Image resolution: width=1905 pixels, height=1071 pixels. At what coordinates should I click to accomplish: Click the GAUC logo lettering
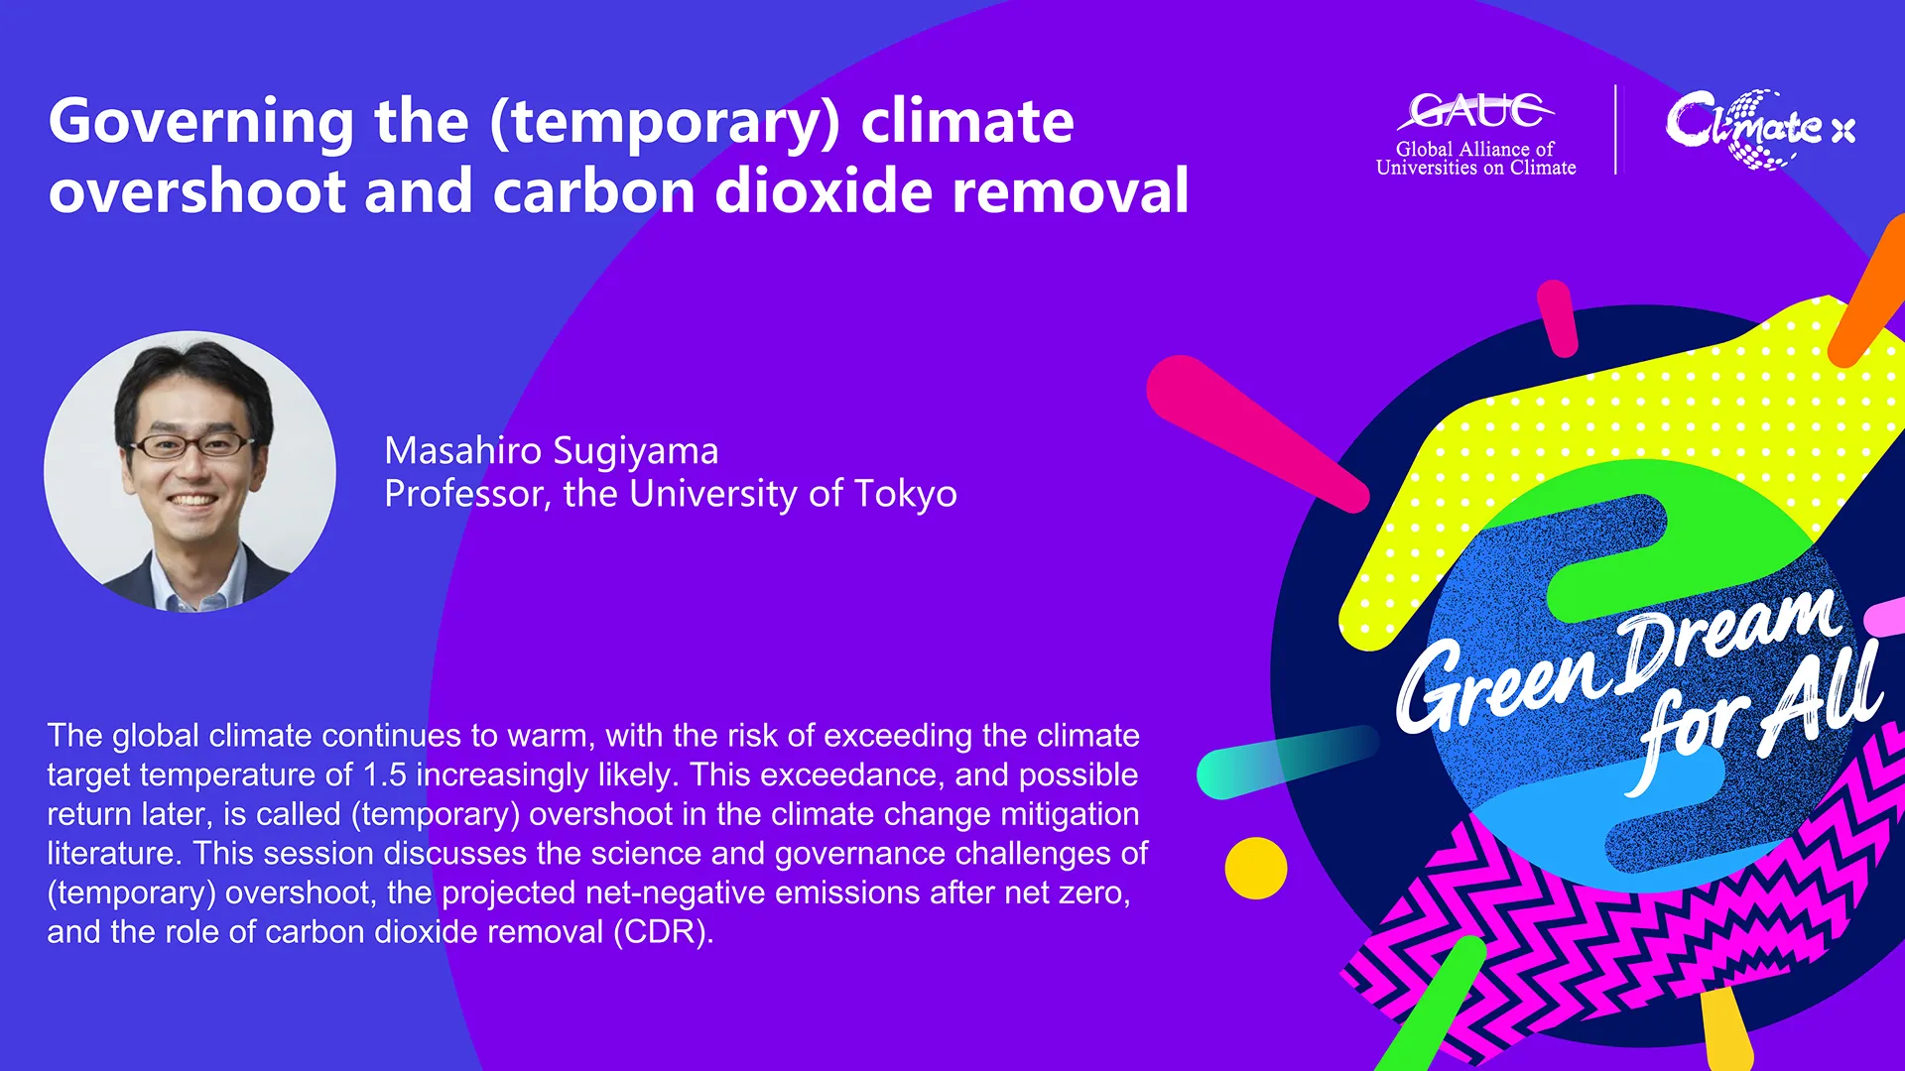click(x=1475, y=110)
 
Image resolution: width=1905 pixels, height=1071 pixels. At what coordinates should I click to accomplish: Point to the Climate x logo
click(x=1760, y=128)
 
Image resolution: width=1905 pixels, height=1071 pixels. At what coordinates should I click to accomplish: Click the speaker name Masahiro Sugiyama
click(x=552, y=451)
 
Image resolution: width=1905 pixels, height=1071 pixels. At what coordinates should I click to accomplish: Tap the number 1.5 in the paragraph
click(x=385, y=774)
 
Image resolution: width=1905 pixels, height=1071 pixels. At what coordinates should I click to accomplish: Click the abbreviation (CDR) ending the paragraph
click(x=663, y=932)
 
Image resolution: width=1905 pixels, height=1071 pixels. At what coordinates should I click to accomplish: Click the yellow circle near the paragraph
click(x=1256, y=868)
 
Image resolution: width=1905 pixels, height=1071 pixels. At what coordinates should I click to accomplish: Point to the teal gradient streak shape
click(x=1288, y=762)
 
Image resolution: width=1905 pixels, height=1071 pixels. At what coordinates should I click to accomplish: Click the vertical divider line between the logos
click(x=1616, y=130)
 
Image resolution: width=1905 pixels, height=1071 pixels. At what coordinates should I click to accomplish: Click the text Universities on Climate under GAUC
click(x=1475, y=169)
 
